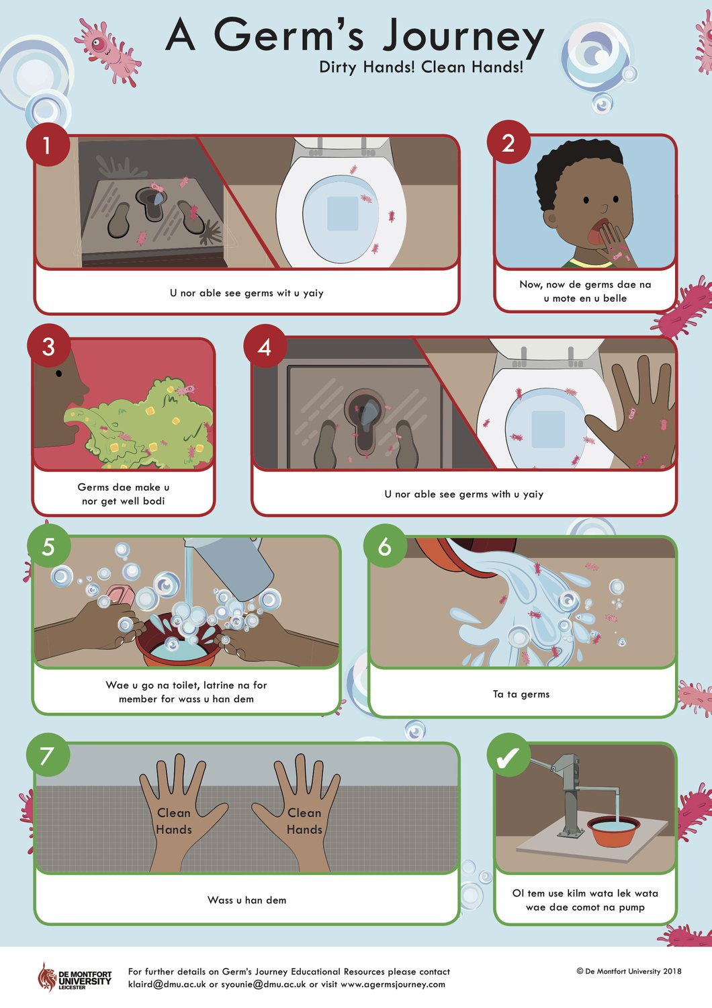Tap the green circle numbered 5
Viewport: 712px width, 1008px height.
(49, 546)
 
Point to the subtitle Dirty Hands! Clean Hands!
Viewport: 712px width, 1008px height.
(421, 67)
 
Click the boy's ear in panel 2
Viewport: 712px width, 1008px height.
(550, 219)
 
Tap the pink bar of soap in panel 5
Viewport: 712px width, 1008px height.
(120, 594)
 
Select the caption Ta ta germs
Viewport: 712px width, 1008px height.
(521, 694)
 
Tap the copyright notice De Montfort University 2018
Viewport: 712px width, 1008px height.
(629, 971)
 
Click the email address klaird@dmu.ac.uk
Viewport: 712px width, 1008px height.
(167, 984)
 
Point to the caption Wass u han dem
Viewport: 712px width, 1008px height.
(247, 900)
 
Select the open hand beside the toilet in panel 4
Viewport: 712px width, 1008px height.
(632, 415)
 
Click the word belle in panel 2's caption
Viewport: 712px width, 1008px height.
(615, 298)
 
